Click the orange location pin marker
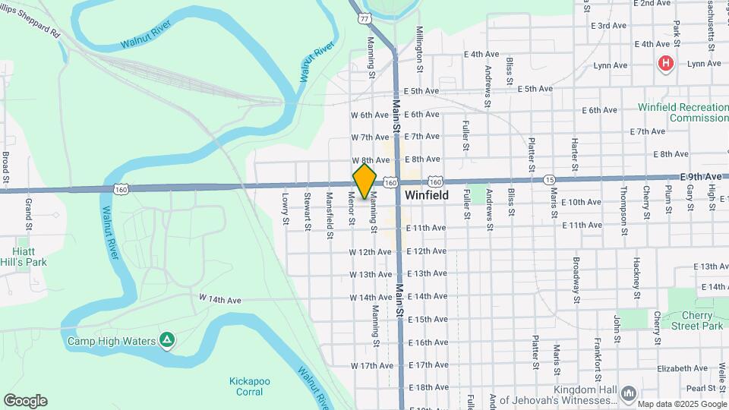(x=364, y=181)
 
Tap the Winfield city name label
(x=426, y=195)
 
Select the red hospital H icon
(x=666, y=64)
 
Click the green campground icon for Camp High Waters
(x=167, y=340)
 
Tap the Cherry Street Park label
(x=696, y=320)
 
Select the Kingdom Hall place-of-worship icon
(x=628, y=393)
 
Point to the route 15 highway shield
(x=549, y=180)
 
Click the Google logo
(x=25, y=400)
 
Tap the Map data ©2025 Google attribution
(x=681, y=404)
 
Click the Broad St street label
(x=5, y=169)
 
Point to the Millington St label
(x=418, y=43)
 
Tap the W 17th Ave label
(x=371, y=365)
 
